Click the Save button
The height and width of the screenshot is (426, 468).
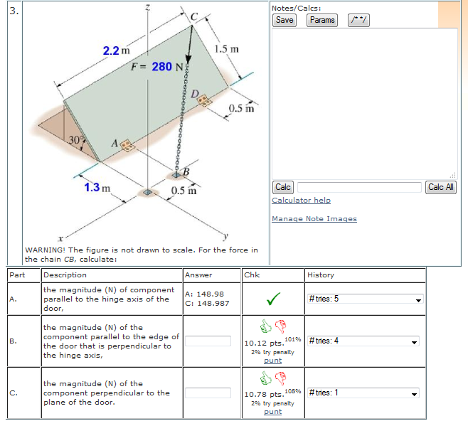[284, 20]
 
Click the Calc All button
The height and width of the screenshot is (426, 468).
[441, 187]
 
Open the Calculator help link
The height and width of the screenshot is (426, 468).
[301, 201]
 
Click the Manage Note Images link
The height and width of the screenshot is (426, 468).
[314, 219]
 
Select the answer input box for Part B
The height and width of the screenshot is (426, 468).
[208, 341]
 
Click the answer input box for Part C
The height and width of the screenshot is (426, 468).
[208, 393]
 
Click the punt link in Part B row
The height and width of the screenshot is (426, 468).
[272, 361]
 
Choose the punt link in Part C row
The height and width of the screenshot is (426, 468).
[272, 412]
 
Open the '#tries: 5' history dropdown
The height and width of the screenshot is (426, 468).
[365, 299]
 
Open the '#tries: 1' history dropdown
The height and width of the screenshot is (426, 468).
[365, 393]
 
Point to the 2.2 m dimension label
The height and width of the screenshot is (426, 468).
[116, 50]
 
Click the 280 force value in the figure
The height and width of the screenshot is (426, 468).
[162, 66]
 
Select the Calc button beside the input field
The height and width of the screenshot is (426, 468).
[283, 187]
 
